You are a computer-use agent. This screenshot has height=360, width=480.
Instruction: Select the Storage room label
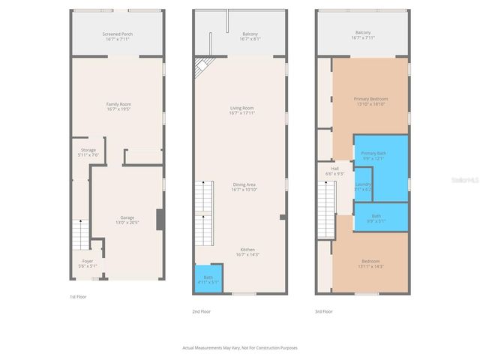88,152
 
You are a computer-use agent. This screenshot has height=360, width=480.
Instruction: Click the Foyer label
88,263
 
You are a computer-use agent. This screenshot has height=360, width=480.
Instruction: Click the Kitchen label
247,252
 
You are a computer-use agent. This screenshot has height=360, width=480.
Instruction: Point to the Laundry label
363,187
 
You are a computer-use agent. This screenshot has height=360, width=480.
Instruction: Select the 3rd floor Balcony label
363,34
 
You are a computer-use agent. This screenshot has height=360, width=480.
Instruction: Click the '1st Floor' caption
78,297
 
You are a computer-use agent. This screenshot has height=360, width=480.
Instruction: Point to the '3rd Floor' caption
324,310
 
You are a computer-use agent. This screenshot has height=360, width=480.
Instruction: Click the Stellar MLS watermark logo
463,181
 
